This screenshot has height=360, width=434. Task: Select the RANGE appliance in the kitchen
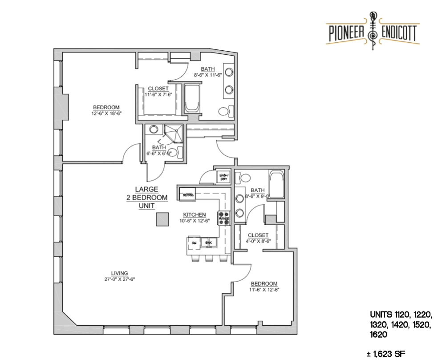(223, 218)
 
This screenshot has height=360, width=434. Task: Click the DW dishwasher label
(194, 243)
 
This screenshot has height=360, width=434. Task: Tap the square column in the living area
(162, 219)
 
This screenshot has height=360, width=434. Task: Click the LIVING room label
(120, 273)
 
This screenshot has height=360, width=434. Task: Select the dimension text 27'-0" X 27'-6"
(120, 279)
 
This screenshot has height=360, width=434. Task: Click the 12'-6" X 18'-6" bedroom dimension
(106, 113)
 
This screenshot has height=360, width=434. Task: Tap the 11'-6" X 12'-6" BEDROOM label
(264, 283)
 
